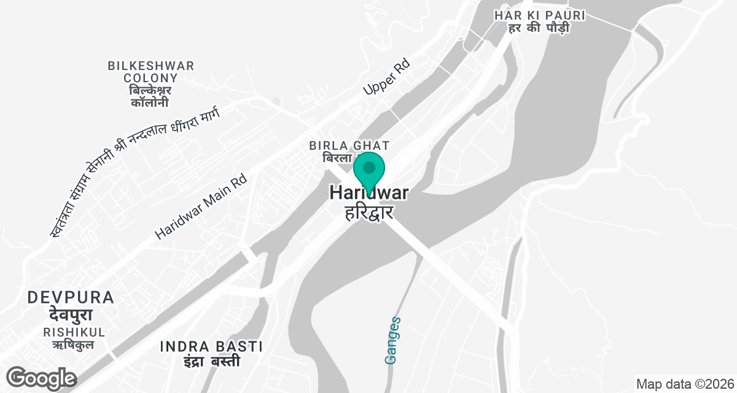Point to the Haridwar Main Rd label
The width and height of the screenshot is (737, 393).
click(200, 206)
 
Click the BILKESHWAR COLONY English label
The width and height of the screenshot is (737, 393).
click(150, 72)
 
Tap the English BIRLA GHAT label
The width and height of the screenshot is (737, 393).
click(349, 146)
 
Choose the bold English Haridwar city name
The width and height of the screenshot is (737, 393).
click(368, 193)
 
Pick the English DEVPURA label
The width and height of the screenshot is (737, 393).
click(71, 298)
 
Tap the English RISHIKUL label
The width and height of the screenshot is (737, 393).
click(74, 332)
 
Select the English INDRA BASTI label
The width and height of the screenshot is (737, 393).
click(211, 346)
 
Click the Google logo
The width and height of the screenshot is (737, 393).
click(41, 378)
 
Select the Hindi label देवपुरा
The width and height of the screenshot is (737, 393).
click(71, 315)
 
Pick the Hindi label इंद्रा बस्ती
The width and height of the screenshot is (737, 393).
click(211, 361)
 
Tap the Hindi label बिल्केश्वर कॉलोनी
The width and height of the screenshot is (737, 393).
click(150, 96)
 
